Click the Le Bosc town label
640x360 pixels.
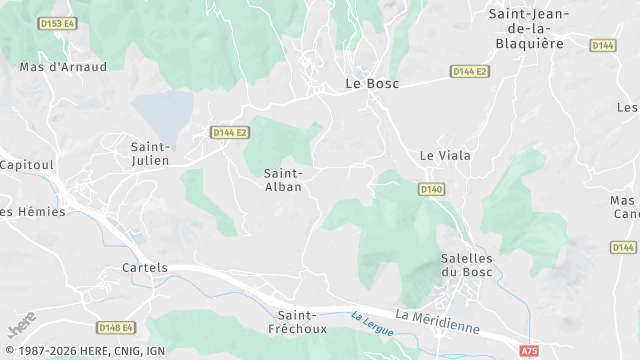pyautogui.click(x=371, y=84)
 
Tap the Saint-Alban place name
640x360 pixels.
pyautogui.click(x=283, y=180)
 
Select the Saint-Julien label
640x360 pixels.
pyautogui.click(x=150, y=153)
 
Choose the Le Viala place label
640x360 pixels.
pyautogui.click(x=445, y=156)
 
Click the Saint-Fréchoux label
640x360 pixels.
pyautogui.click(x=298, y=321)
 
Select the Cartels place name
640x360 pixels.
pyautogui.click(x=143, y=268)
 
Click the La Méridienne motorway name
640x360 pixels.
pyautogui.click(x=437, y=321)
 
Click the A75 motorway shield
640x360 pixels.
pyautogui.click(x=529, y=351)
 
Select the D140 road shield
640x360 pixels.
pyautogui.click(x=431, y=188)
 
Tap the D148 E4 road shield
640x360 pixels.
pyautogui.click(x=117, y=327)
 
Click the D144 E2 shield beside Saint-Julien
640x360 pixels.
pyautogui.click(x=229, y=132)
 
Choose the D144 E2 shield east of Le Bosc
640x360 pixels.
pyautogui.click(x=469, y=72)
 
